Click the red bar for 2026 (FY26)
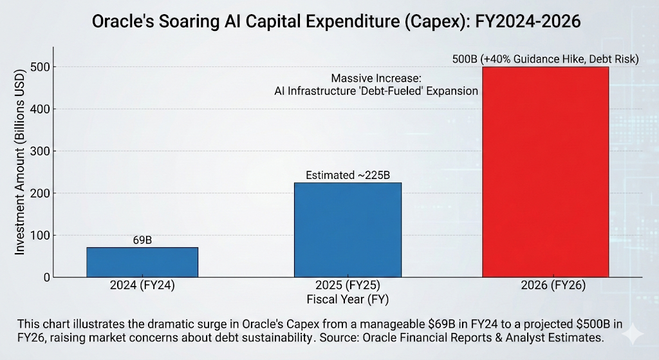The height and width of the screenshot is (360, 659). click(x=546, y=172)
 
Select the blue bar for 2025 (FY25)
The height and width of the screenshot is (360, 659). click(x=348, y=230)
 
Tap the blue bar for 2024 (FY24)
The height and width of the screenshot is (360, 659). click(x=142, y=262)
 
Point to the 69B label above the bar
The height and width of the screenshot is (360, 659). click(x=142, y=240)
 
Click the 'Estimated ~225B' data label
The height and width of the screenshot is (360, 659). click(x=348, y=175)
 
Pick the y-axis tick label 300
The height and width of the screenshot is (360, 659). click(x=41, y=151)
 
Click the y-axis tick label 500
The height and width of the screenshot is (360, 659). click(x=41, y=67)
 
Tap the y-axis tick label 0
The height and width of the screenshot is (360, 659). click(x=46, y=278)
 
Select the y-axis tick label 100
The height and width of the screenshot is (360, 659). click(x=41, y=236)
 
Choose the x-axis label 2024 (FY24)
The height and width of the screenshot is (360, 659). click(x=142, y=285)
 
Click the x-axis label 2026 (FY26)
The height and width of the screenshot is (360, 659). click(x=553, y=285)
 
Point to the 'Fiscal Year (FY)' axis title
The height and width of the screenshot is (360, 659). click(x=348, y=299)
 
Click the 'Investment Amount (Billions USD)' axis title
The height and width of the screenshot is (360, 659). click(x=20, y=162)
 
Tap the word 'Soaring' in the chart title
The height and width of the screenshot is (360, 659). click(x=187, y=21)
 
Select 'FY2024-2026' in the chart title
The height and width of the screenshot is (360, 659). click(x=528, y=21)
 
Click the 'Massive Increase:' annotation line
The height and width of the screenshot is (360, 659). click(x=376, y=78)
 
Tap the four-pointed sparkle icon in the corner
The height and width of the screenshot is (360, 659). click(x=633, y=334)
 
